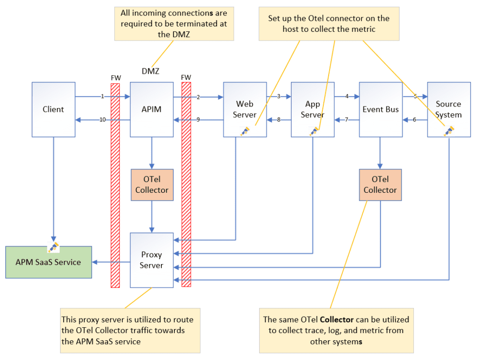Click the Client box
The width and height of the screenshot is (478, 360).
(x=53, y=109)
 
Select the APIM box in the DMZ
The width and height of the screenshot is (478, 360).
(x=152, y=109)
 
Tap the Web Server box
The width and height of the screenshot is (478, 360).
(x=244, y=109)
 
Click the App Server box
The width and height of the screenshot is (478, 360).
(x=312, y=109)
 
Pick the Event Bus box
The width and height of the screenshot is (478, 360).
(x=380, y=109)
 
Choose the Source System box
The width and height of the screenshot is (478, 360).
(x=449, y=109)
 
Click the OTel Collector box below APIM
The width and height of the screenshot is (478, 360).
(x=152, y=185)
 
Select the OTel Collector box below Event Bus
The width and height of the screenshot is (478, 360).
(x=380, y=185)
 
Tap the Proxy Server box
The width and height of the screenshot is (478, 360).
(x=152, y=260)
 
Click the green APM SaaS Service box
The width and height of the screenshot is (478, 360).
(x=48, y=262)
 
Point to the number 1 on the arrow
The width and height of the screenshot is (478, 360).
(x=103, y=96)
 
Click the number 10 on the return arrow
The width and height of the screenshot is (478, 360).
(x=103, y=120)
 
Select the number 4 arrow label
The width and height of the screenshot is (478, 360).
(x=347, y=96)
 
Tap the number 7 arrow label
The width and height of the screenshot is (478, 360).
(x=346, y=120)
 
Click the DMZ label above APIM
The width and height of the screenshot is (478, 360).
(x=151, y=71)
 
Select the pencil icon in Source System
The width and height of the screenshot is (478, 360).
(x=449, y=131)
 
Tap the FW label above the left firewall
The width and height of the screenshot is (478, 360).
(x=116, y=77)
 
